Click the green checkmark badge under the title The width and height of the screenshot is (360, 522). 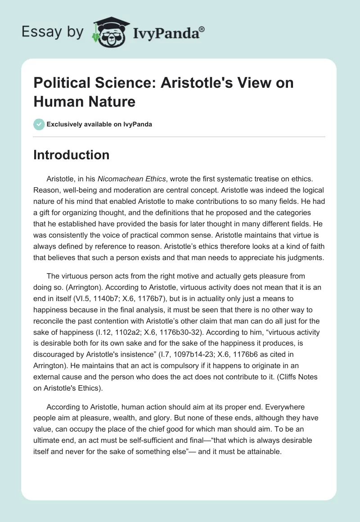pos(39,124)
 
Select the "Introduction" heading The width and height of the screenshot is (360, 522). pos(72,155)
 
